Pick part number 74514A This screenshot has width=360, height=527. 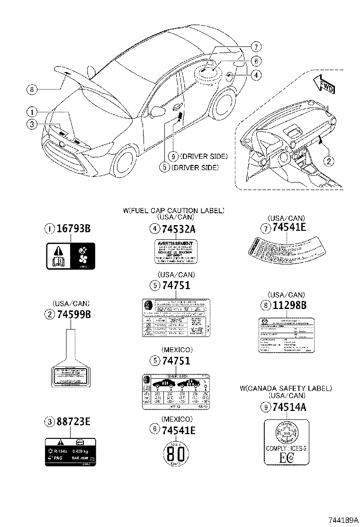point(289,406)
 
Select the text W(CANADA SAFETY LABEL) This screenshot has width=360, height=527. point(286,388)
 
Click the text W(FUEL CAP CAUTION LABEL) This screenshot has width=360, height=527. point(174,210)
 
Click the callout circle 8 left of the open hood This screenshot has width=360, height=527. point(32,89)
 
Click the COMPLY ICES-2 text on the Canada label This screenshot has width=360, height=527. point(286,447)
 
